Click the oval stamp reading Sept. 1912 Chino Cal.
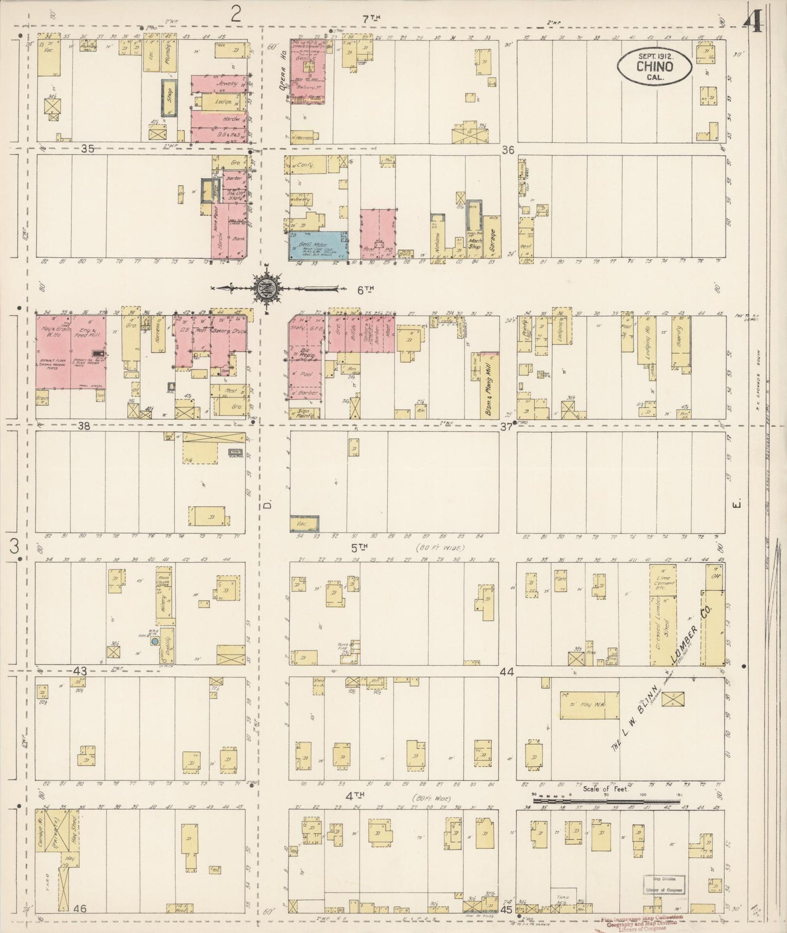click(654, 67)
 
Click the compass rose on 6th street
click(267, 288)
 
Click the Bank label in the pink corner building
click(238, 238)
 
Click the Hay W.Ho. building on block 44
click(589, 705)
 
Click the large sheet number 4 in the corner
click(756, 23)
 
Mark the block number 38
click(83, 426)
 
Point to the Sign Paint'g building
click(305, 413)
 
